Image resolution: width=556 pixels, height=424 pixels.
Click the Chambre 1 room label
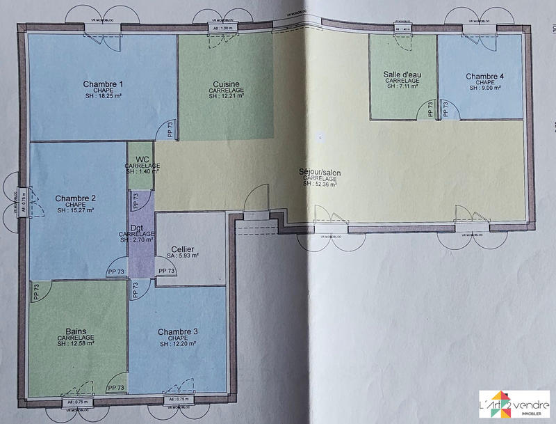(x=103, y=84)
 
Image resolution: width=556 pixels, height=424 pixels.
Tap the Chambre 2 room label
(x=76, y=198)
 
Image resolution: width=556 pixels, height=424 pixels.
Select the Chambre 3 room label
(x=178, y=331)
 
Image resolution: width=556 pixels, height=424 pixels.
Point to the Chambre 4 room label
(x=485, y=77)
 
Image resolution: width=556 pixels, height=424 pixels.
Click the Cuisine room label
(x=226, y=84)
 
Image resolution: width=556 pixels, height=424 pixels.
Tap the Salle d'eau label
(x=402, y=74)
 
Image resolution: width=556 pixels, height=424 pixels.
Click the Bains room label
(x=76, y=331)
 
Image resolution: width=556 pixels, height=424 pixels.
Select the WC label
(x=142, y=159)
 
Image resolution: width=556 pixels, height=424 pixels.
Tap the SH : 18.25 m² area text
(x=103, y=96)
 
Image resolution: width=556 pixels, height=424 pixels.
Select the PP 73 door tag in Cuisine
(x=169, y=129)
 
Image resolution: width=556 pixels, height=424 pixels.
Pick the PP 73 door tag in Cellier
(x=167, y=272)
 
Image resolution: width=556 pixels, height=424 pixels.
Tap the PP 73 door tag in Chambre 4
(x=446, y=109)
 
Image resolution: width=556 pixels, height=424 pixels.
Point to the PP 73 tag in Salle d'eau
(x=431, y=109)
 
